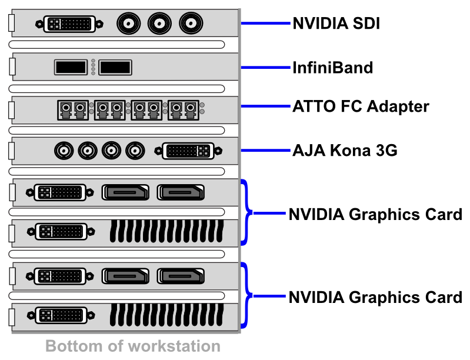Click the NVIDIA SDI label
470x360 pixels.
336,24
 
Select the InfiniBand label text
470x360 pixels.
332,68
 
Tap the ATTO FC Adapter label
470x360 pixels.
361,107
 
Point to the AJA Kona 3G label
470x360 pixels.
345,151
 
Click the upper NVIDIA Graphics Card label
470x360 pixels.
375,214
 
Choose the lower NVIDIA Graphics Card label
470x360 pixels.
375,297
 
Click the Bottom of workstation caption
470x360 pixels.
133,345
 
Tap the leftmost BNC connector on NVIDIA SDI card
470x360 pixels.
128,24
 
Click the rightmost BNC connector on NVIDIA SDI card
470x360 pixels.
189,24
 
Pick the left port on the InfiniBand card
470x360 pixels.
71,67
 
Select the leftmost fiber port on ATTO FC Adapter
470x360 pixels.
73,109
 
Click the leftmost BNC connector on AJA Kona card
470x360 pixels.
64,151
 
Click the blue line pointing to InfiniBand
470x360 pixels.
266,68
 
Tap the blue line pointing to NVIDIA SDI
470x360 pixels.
266,24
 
